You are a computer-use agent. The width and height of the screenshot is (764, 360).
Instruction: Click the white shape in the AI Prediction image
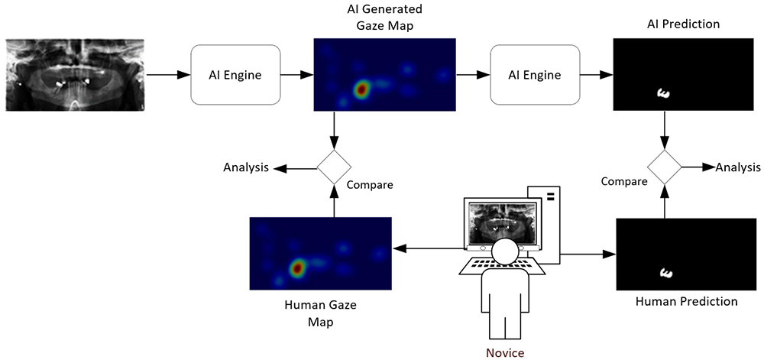[663, 94]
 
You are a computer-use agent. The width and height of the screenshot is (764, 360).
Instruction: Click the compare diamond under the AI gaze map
[334, 167]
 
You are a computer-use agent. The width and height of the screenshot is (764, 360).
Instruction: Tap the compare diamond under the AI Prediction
[665, 167]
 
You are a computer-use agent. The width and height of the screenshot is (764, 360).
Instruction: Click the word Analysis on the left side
[246, 167]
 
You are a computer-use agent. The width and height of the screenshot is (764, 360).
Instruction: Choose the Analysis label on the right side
[738, 167]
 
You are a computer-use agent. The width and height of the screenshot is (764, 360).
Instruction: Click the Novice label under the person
[505, 352]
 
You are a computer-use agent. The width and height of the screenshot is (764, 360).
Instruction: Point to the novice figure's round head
[505, 251]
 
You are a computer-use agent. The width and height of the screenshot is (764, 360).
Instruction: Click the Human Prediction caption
[686, 301]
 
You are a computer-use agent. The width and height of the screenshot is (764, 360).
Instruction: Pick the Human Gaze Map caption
[320, 313]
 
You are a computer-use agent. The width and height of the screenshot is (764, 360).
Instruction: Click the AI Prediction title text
[683, 24]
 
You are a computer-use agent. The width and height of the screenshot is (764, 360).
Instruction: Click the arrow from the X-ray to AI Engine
[167, 75]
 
